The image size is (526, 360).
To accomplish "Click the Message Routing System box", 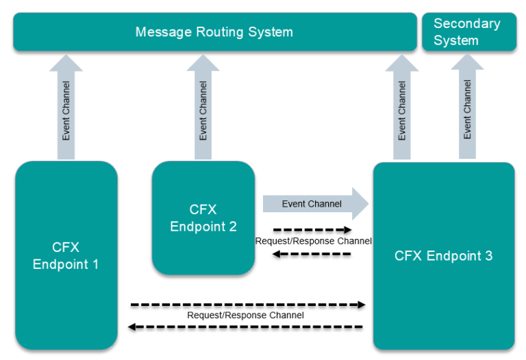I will tap(214, 32).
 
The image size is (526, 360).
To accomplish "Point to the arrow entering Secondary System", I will tap(467, 106).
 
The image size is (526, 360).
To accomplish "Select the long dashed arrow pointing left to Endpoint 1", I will tap(247, 327).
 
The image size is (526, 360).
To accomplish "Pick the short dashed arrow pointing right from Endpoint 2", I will tap(312, 230).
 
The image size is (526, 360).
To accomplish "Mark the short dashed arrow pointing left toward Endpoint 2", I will tap(312, 254).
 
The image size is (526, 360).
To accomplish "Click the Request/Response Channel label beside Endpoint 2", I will tap(313, 241).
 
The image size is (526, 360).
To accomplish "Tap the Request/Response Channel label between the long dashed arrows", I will tap(245, 316).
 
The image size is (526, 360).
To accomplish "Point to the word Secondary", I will tap(467, 23).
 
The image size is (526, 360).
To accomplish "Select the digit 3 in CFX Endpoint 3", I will tap(488, 256).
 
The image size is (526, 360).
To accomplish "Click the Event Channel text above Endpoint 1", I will tap(66, 112).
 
